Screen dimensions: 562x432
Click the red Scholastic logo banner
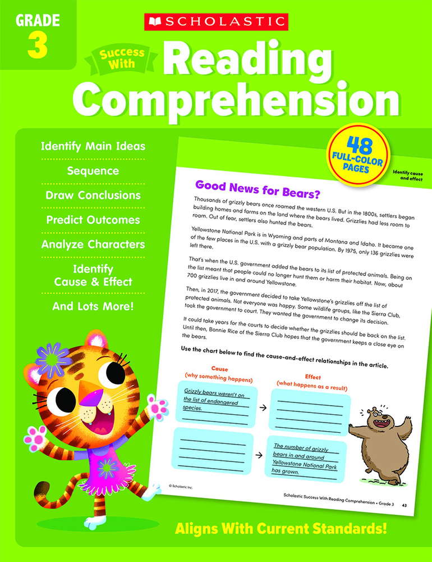(216, 22)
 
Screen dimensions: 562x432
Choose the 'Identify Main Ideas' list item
(93, 147)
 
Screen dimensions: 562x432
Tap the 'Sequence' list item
(93, 171)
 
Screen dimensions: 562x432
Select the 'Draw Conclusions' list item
(93, 196)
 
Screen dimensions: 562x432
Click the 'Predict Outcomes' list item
(93, 220)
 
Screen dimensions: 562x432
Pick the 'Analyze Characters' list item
(93, 244)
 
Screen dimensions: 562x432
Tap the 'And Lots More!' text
(93, 307)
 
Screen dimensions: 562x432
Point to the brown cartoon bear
(381, 442)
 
